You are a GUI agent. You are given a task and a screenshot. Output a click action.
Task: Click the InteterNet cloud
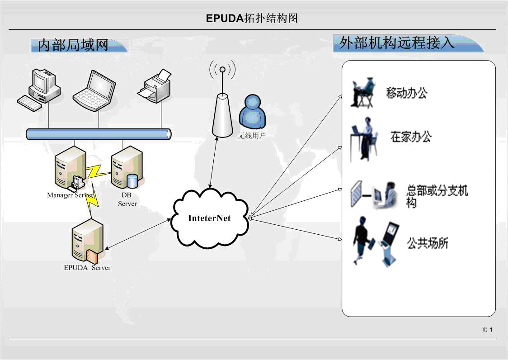pyautogui.click(x=209, y=218)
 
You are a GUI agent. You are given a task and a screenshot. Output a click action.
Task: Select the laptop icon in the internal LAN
pyautogui.click(x=94, y=90)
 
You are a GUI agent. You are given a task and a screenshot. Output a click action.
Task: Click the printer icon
pyautogui.click(x=155, y=86)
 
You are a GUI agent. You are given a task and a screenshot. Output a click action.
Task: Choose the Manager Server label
pyautogui.click(x=70, y=195)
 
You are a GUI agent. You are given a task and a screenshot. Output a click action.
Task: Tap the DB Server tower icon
pyautogui.click(x=126, y=168)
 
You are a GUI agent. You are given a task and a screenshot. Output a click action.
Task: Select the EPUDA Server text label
pyautogui.click(x=87, y=268)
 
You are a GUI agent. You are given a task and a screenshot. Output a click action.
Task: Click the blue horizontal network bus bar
pyautogui.click(x=99, y=134)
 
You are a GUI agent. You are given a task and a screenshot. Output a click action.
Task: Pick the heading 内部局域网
pyautogui.click(x=73, y=45)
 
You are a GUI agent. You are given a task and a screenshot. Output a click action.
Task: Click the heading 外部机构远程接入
pyautogui.click(x=396, y=43)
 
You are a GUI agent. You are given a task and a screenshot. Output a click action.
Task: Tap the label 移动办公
pyautogui.click(x=406, y=93)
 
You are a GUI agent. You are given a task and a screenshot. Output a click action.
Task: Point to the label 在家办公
pyautogui.click(x=411, y=137)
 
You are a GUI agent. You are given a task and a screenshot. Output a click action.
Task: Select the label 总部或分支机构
pyautogui.click(x=437, y=196)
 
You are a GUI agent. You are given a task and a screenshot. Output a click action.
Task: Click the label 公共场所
pyautogui.click(x=427, y=243)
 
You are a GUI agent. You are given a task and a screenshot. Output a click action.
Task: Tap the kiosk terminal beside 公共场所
pyautogui.click(x=388, y=243)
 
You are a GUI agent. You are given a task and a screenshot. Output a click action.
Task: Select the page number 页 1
pyautogui.click(x=487, y=330)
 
